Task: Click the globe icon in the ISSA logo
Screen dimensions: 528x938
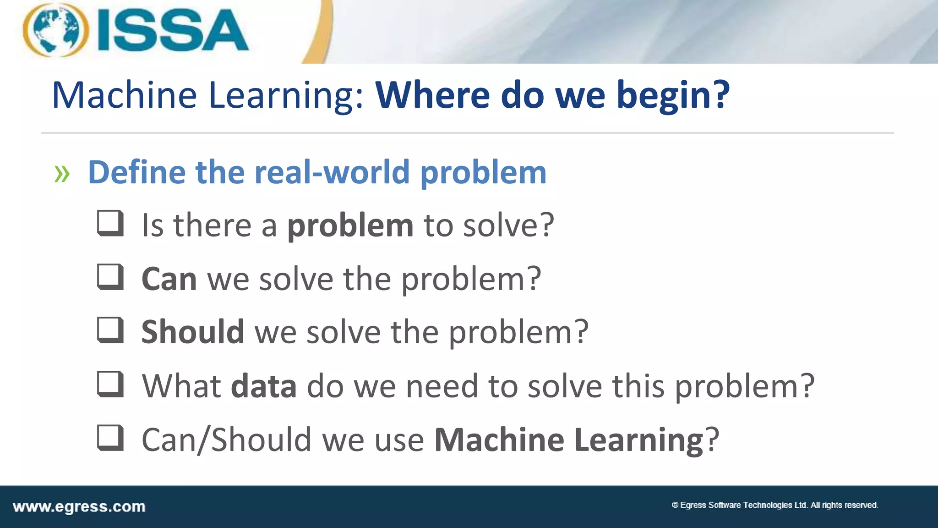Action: tap(55, 30)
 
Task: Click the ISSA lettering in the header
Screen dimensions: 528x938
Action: tap(173, 30)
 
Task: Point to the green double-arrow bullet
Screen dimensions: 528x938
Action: tap(62, 174)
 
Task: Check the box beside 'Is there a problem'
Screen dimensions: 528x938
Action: tap(110, 223)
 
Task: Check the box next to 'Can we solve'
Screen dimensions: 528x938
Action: tap(110, 277)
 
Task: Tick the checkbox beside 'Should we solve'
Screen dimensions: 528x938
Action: tap(110, 330)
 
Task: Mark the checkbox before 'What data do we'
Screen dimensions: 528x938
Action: tap(110, 384)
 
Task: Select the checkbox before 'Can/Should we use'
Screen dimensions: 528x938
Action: tap(110, 438)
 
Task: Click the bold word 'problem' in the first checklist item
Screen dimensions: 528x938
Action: tap(350, 226)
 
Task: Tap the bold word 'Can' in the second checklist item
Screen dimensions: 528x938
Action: tap(169, 279)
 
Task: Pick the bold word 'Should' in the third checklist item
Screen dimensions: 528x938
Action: tap(193, 332)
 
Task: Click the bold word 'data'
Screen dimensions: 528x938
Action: tap(264, 386)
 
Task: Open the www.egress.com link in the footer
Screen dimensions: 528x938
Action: tap(79, 507)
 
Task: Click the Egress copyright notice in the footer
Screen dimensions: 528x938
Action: tap(774, 505)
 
